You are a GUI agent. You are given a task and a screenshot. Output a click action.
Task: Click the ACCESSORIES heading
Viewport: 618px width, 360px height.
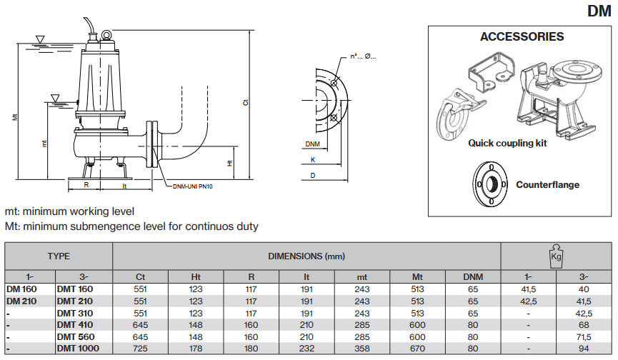(522, 37)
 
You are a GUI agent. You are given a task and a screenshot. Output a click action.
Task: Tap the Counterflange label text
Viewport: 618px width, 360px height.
(547, 184)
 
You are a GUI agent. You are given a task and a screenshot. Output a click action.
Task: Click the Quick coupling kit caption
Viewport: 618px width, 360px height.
(507, 143)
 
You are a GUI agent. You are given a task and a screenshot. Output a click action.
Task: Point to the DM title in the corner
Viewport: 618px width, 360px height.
(599, 11)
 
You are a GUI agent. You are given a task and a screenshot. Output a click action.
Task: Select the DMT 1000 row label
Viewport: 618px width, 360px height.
(79, 348)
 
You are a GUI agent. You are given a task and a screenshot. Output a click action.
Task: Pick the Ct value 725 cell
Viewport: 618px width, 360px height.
(140, 348)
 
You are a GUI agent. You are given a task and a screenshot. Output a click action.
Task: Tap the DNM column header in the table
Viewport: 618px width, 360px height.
(473, 276)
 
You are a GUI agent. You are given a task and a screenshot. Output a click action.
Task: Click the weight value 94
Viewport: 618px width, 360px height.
(584, 348)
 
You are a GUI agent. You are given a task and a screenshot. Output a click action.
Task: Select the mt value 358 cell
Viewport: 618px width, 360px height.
(362, 348)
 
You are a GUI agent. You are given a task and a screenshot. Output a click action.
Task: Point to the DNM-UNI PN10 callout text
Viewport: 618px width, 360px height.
(193, 186)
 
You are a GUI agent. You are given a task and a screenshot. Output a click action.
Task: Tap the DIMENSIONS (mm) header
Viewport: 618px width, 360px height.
(306, 256)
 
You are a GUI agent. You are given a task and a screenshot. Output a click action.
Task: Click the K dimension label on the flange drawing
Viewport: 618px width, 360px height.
(312, 160)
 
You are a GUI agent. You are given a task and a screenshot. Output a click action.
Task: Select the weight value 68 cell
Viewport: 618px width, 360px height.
(584, 324)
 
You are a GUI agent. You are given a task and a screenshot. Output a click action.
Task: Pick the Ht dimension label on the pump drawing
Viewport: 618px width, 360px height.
(229, 164)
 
